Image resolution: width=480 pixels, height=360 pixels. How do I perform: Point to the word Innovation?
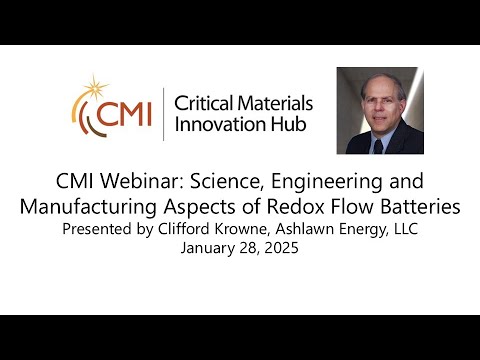[219, 125]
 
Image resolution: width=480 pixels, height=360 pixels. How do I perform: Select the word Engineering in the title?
[321, 183]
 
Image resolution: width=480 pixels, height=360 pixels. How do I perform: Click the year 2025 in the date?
[281, 249]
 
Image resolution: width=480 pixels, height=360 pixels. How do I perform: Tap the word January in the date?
[211, 249]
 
